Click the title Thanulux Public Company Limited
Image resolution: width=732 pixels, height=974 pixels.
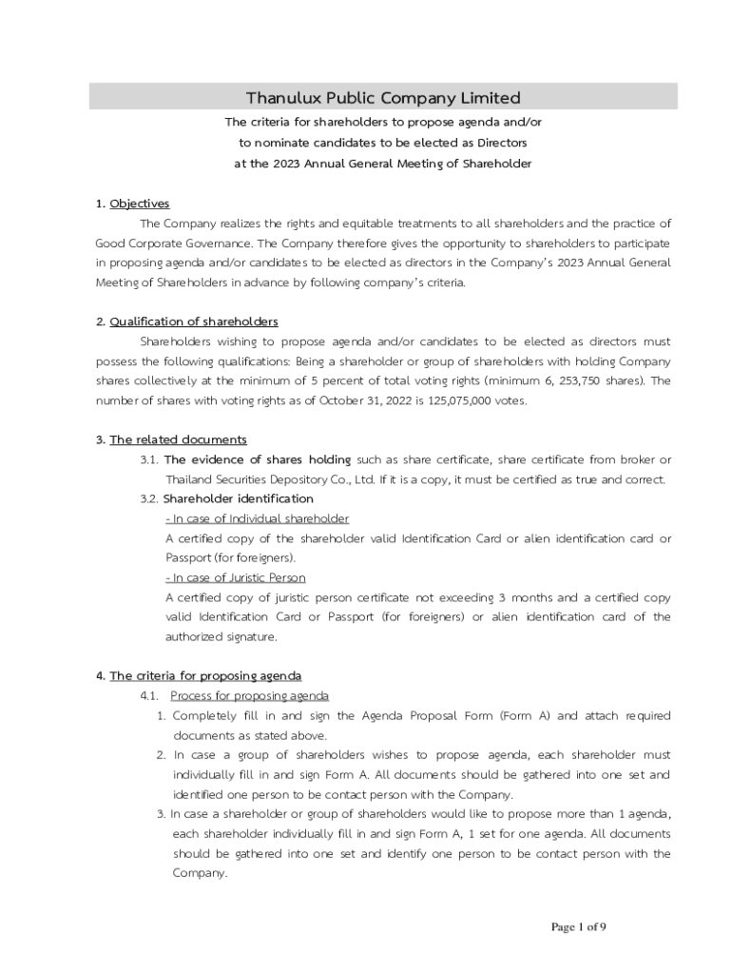pyautogui.click(x=383, y=98)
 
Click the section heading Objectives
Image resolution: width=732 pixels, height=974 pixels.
pyautogui.click(x=139, y=204)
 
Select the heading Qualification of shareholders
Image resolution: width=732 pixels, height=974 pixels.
pyautogui.click(x=194, y=321)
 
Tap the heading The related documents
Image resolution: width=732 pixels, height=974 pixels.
pyautogui.click(x=178, y=439)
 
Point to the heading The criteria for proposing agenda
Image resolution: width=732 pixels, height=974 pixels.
pyautogui.click(x=205, y=676)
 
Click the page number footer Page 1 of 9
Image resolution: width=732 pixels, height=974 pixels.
pyautogui.click(x=579, y=927)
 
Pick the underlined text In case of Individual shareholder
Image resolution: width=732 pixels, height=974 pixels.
pyautogui.click(x=257, y=518)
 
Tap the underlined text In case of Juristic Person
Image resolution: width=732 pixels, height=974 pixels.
pyautogui.click(x=236, y=577)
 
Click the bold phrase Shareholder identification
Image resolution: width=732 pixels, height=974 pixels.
pyautogui.click(x=238, y=498)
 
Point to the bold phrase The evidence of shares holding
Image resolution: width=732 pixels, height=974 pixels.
pyautogui.click(x=258, y=459)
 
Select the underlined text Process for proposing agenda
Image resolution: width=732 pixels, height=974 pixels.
pyautogui.click(x=249, y=696)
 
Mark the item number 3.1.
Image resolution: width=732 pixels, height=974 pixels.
pyautogui.click(x=148, y=459)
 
